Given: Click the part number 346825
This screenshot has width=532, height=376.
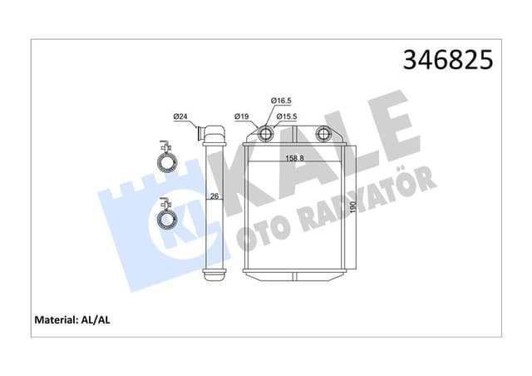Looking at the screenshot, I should tap(448, 60).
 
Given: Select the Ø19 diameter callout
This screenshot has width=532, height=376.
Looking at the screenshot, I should tap(242, 116).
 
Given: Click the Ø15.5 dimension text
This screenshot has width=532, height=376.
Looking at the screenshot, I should tap(287, 116).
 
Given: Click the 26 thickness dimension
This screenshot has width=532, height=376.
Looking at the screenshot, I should tap(213, 197).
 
